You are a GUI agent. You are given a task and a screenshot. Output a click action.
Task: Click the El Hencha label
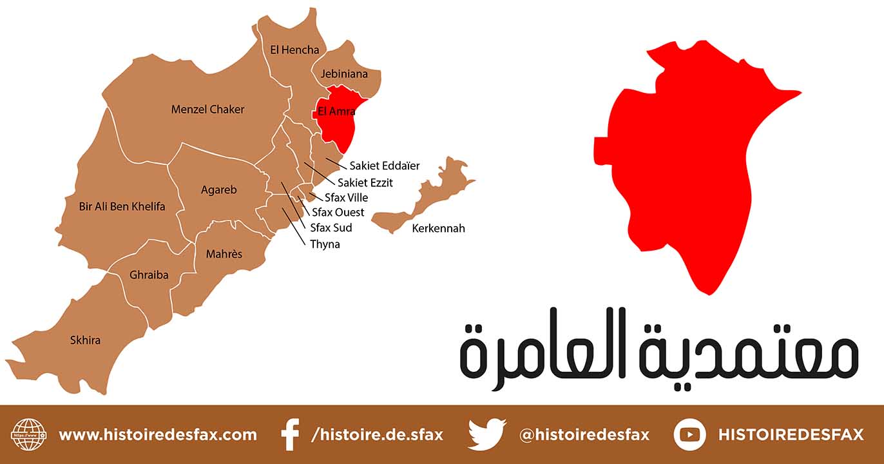[294, 50]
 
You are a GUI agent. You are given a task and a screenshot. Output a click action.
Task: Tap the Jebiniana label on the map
[344, 73]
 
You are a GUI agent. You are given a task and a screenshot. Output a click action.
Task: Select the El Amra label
[337, 111]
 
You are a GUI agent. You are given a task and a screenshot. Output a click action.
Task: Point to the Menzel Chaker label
[207, 110]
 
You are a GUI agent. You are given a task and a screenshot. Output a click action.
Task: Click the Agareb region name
[219, 189]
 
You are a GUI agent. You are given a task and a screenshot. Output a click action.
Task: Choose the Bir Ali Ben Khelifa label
[122, 206]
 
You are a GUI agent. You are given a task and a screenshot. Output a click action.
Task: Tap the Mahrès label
[224, 254]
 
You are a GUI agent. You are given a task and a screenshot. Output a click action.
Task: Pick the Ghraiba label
[149, 275]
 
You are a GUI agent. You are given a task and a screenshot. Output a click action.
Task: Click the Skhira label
[85, 340]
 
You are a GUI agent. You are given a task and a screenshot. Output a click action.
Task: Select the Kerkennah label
[438, 228]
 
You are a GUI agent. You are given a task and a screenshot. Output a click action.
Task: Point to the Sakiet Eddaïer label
[385, 166]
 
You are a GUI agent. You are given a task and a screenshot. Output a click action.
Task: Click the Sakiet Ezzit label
[365, 182]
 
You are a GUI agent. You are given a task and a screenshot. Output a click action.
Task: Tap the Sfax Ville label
[347, 197]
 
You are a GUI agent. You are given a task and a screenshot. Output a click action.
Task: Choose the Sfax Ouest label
[338, 212]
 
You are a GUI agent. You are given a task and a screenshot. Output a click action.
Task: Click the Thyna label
[325, 244]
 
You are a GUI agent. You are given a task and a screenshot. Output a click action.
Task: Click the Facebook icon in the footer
[291, 434]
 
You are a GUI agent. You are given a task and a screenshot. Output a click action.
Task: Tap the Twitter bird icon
[487, 434]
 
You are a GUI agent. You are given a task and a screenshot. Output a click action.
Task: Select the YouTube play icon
[689, 434]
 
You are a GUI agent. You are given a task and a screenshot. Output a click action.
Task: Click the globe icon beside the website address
[30, 434]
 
